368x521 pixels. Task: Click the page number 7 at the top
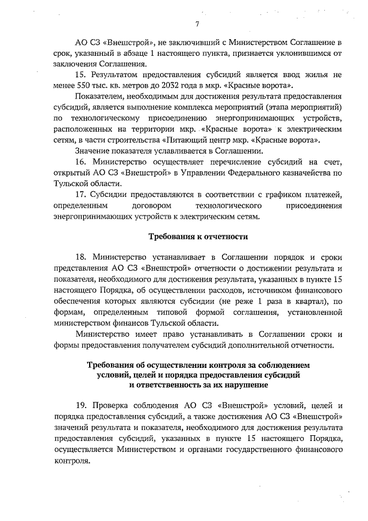tap(197, 24)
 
